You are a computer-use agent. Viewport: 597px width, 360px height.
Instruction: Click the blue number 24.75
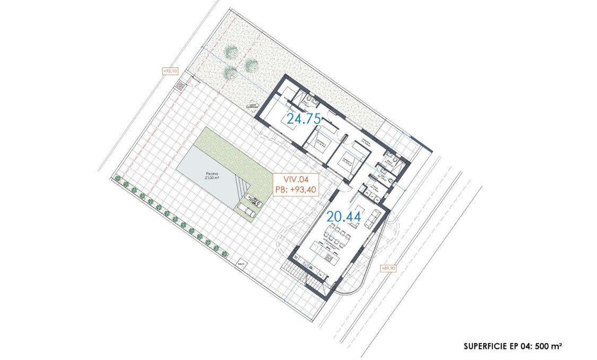click(304, 119)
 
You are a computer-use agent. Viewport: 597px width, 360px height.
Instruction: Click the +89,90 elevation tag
click(388, 269)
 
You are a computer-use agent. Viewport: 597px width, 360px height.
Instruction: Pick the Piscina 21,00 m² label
click(215, 176)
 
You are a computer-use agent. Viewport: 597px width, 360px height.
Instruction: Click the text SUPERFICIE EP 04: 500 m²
click(512, 346)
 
